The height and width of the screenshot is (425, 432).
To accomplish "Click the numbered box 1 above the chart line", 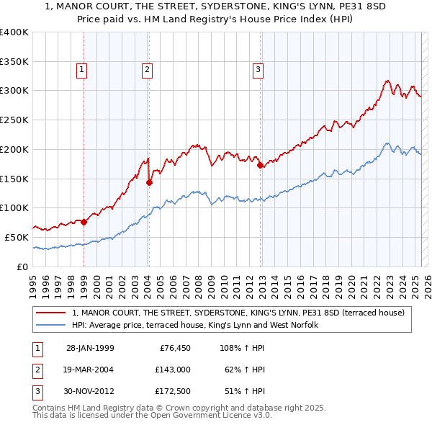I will click(81, 70).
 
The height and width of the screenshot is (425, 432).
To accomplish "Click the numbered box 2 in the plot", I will click(146, 70).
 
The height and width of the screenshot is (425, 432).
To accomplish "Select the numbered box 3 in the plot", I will click(258, 70).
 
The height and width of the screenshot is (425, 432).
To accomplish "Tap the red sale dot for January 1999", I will click(84, 222).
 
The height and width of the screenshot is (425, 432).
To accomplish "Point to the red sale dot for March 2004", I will click(149, 182).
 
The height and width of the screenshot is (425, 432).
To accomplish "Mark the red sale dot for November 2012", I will click(260, 165).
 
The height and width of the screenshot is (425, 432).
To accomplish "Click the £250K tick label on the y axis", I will click(15, 120).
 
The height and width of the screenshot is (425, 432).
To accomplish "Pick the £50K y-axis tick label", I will click(17, 237).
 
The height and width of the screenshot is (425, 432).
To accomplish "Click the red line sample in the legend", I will click(50, 313).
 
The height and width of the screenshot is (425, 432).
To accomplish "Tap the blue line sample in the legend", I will click(50, 325).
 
